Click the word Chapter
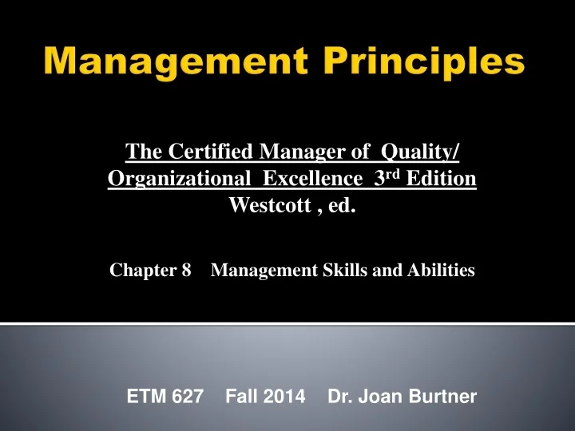141,271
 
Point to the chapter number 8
187,271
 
